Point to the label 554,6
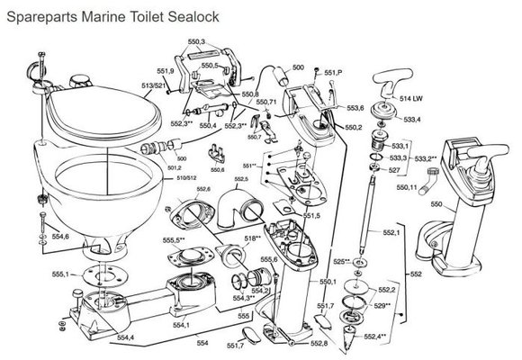coord(59,236)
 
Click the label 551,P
coord(334,71)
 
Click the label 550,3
coord(196,42)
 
